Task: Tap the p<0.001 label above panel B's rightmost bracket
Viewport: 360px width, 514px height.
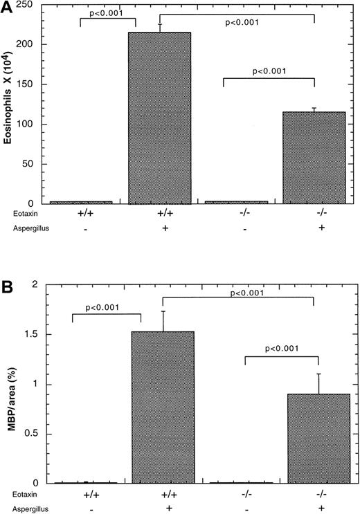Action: (281, 349)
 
